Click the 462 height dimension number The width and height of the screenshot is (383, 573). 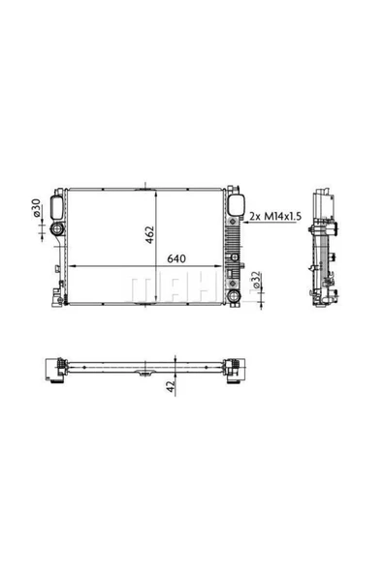point(151,234)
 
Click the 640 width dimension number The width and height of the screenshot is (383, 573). point(176,259)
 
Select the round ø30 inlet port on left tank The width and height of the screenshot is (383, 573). point(57,229)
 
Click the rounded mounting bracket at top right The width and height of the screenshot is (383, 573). point(234,204)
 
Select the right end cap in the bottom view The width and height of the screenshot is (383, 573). point(232,369)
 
